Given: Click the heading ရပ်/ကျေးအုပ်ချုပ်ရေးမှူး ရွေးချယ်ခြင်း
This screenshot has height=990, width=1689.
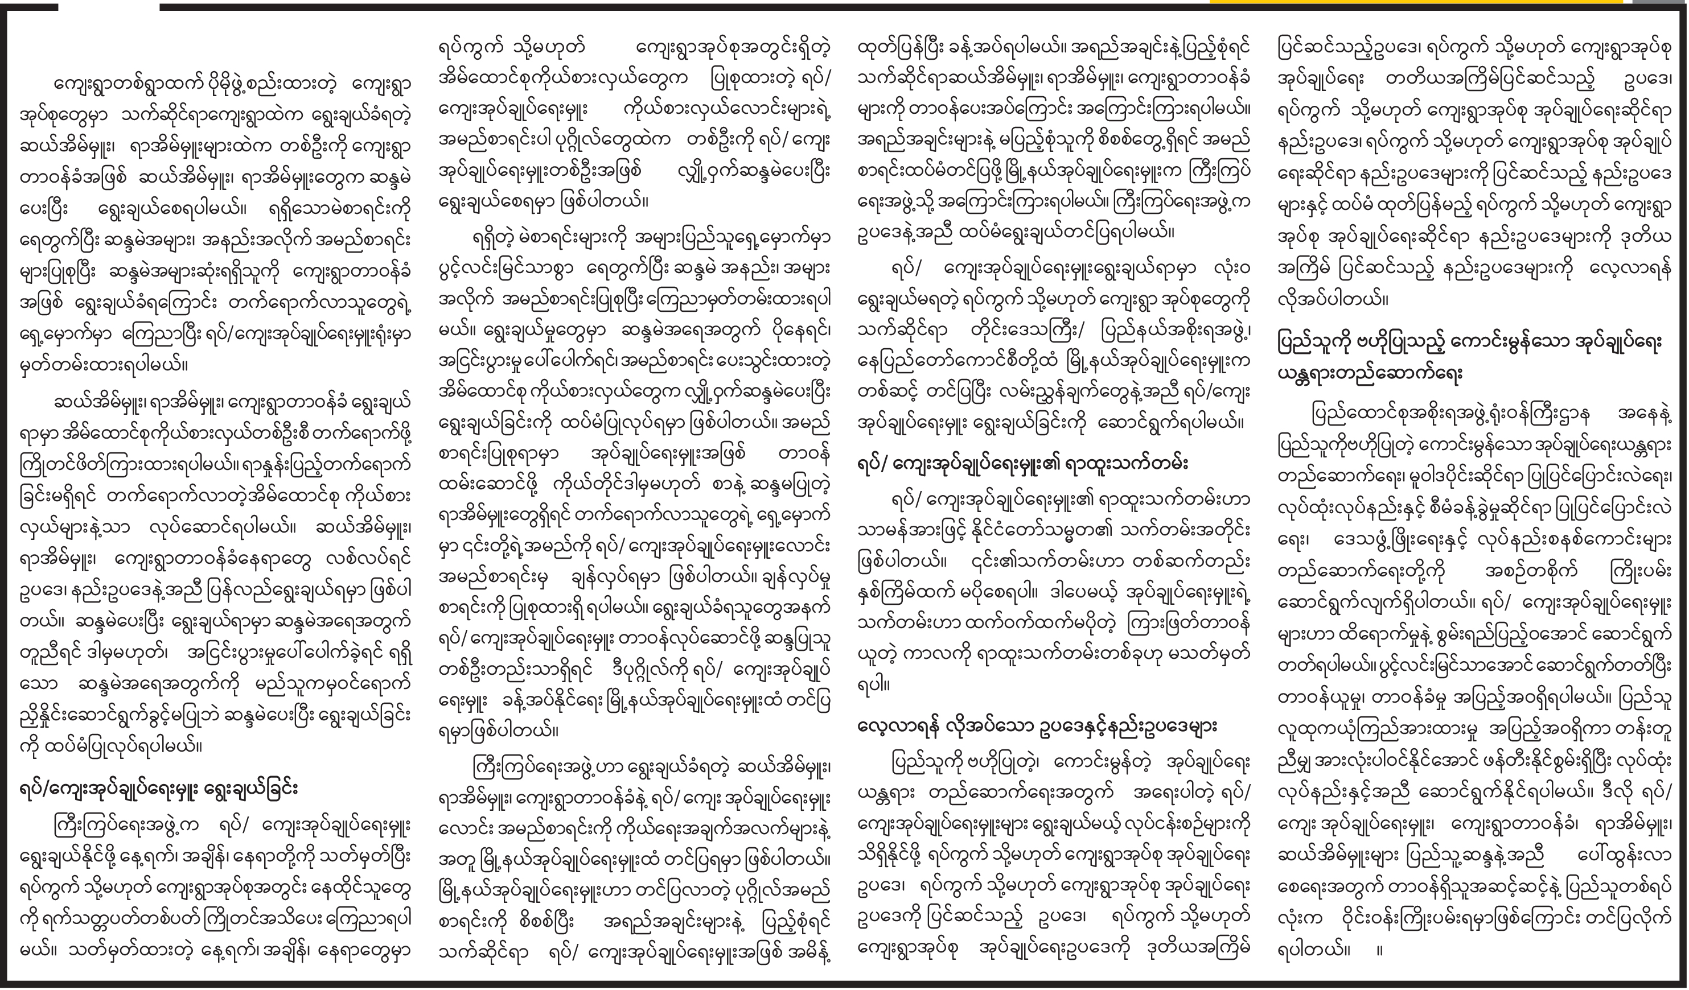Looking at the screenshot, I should point(158,789).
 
